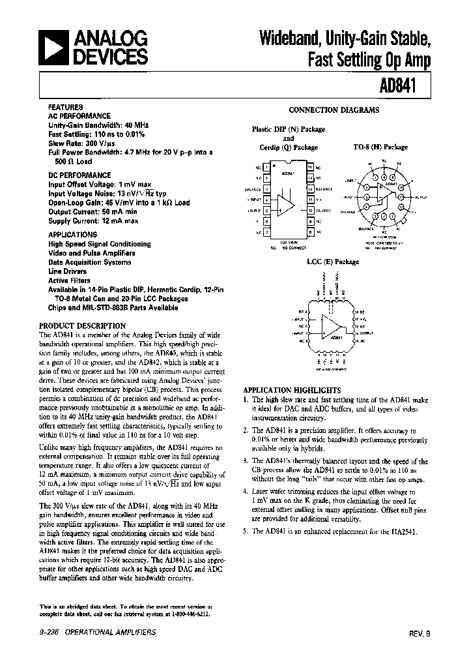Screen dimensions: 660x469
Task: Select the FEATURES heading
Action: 65,106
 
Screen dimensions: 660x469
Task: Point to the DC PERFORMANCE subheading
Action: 79,175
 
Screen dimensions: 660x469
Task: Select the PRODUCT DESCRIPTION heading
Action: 82,325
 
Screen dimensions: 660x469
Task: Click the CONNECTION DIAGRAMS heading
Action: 334,111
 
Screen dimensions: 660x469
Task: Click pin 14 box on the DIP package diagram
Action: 311,168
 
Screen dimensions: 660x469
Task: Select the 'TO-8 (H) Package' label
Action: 380,147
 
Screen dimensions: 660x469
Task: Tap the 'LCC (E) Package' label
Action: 333,262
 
